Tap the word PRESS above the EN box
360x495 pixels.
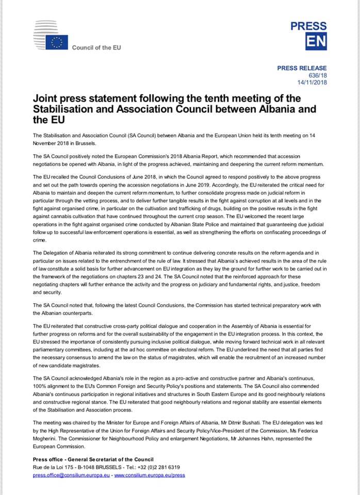click(308, 26)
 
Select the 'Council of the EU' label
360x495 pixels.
click(96, 48)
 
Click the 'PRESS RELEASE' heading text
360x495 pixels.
click(302, 68)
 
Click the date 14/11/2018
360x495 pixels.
click(312, 82)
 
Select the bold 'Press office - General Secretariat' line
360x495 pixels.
click(93, 459)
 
